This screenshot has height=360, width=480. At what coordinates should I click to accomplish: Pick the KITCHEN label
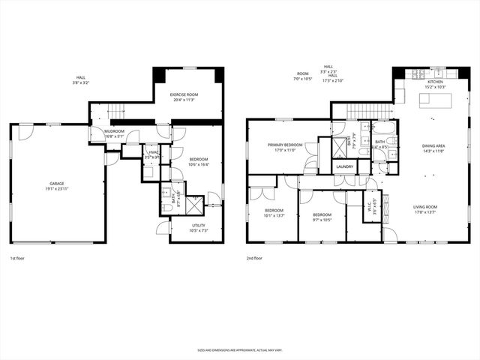coord(435,82)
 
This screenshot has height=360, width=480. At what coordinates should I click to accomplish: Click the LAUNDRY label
coord(345,166)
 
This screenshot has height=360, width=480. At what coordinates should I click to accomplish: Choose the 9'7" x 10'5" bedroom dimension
coord(322,220)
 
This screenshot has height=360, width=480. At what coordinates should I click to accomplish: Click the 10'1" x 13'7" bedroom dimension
coord(274,214)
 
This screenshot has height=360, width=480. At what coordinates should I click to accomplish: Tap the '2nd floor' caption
coord(253,258)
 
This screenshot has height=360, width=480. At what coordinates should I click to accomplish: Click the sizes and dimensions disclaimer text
coord(240,349)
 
